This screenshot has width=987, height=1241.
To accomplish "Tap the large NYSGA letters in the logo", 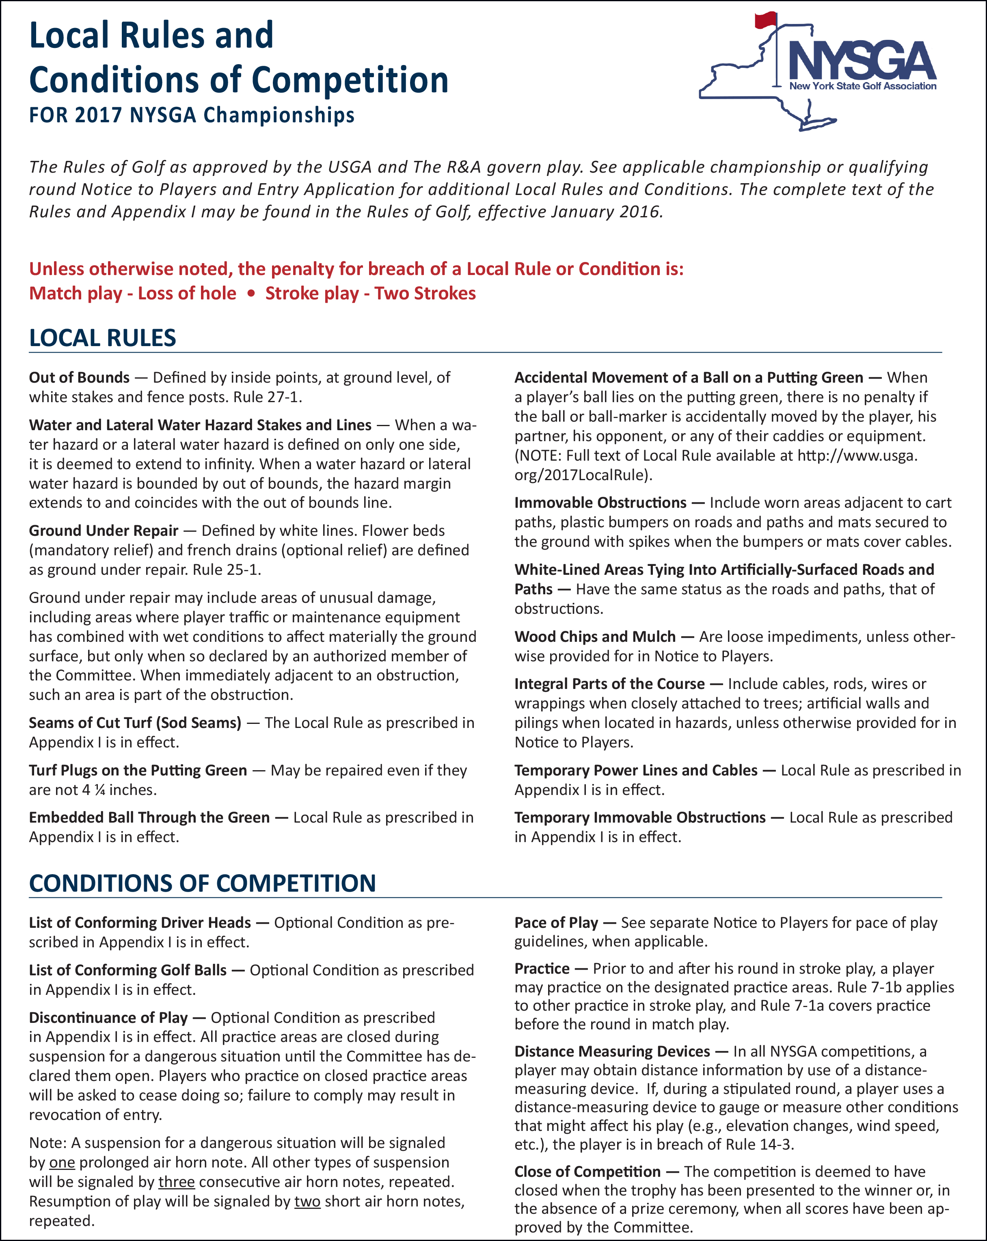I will click(x=862, y=61).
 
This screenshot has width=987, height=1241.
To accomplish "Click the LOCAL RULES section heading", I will click(x=102, y=338).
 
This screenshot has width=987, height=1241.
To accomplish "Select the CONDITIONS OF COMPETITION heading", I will click(x=203, y=883).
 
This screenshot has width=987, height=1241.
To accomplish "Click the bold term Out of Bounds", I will click(x=80, y=378).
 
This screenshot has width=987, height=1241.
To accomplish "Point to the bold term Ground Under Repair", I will click(x=104, y=531).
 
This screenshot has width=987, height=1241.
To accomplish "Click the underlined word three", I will click(x=177, y=1182).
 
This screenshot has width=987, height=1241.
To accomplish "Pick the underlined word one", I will click(x=62, y=1162).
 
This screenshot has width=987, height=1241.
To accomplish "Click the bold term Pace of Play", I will click(x=556, y=923).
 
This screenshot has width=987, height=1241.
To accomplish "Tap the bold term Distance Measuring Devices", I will click(x=612, y=1052).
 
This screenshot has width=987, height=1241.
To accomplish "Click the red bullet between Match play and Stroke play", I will click(x=251, y=294).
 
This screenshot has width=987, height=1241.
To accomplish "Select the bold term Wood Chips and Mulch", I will click(x=595, y=637).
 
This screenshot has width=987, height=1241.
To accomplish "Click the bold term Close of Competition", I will click(x=587, y=1172).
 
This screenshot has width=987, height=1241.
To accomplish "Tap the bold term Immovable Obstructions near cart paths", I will click(x=600, y=502).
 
